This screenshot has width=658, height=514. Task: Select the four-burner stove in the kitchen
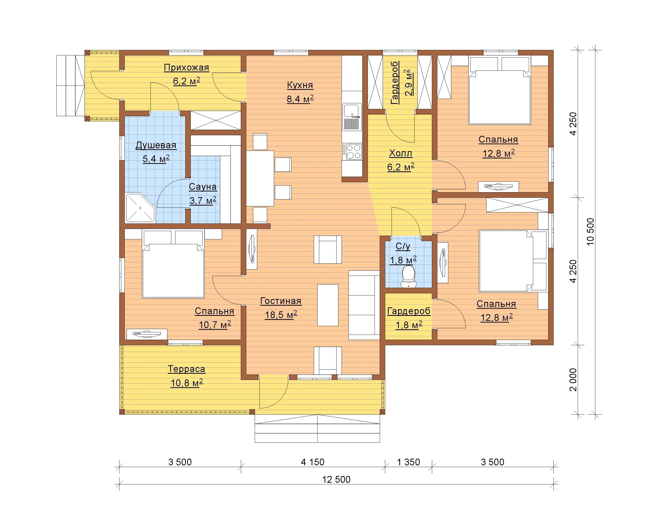pos(352,151)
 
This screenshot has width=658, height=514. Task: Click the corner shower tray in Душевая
pos(140,208)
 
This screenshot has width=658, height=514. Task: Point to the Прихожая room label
pos(187,68)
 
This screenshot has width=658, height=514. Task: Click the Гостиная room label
pos(281,301)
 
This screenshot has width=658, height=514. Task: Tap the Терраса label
pos(187,369)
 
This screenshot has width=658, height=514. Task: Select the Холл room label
pos(400,153)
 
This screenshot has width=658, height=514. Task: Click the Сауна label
pos(203,187)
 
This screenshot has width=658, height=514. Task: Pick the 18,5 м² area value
pos(281,315)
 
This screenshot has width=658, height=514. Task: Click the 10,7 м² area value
pos(215,325)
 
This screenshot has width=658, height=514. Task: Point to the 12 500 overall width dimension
pos(336,479)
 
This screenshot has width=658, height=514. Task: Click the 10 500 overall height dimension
pos(590,232)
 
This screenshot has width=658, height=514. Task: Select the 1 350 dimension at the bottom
pos(408,462)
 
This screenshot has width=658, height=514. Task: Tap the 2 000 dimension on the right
pos(573,380)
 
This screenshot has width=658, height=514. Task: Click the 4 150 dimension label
pos(313,462)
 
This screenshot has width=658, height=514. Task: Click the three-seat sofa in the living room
pos(364,305)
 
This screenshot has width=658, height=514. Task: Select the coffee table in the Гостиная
pos(328,305)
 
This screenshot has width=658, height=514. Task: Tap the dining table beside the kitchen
pos(260,178)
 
